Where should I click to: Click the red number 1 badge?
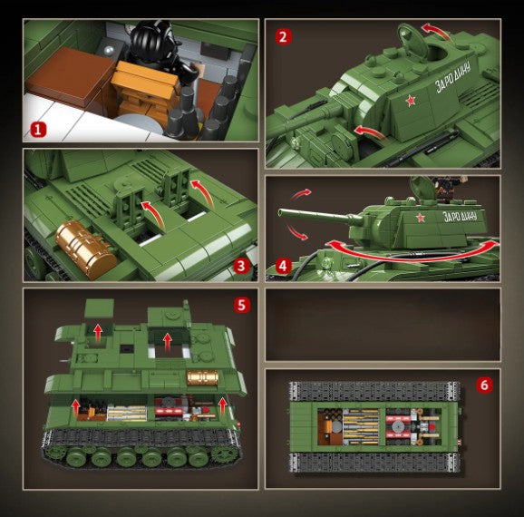(38, 129)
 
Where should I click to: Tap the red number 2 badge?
(284, 37)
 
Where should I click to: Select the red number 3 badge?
(241, 266)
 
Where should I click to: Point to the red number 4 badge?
(283, 266)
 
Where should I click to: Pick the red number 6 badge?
(484, 385)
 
